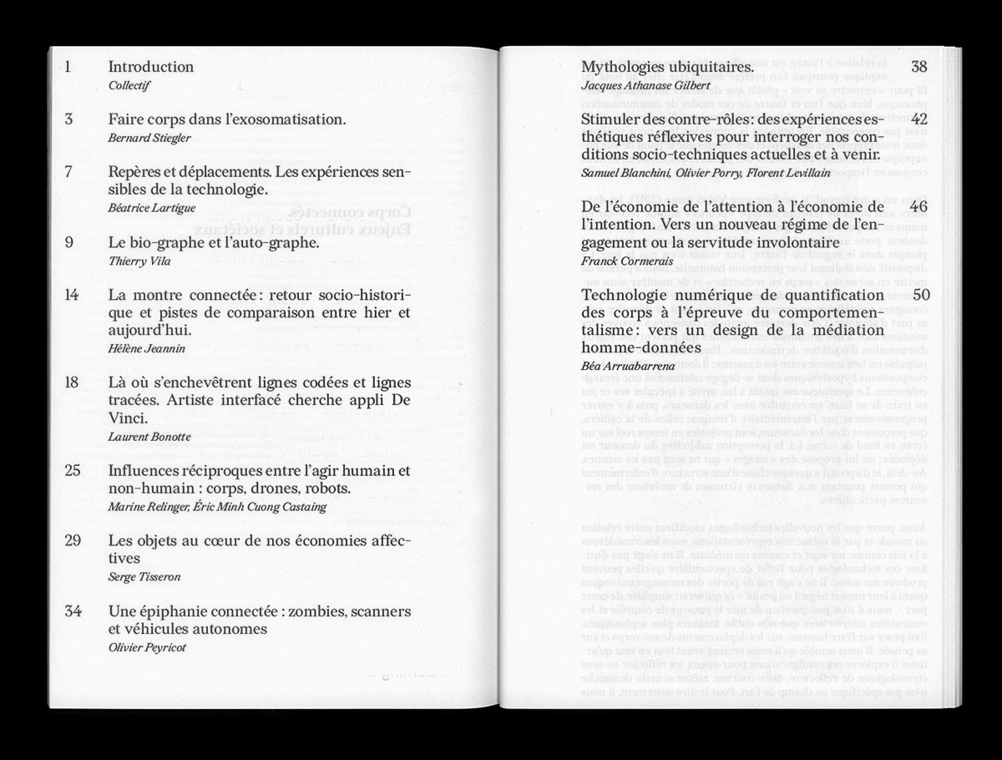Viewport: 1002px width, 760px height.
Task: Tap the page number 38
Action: (x=919, y=67)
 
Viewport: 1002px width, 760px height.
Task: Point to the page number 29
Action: (x=72, y=541)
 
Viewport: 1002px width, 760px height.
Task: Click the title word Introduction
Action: (x=151, y=67)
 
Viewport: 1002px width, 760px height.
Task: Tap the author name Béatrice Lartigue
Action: (x=146, y=209)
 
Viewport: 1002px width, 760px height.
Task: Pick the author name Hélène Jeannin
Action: (x=147, y=349)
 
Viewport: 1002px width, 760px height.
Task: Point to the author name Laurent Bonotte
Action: (x=149, y=437)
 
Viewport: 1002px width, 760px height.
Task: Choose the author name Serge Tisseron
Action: (x=144, y=577)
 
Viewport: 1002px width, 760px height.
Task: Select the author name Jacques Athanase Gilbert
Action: (x=645, y=85)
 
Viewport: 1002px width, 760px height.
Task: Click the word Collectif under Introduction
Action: (x=129, y=85)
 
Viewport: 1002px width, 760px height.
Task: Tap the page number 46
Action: (x=919, y=207)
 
